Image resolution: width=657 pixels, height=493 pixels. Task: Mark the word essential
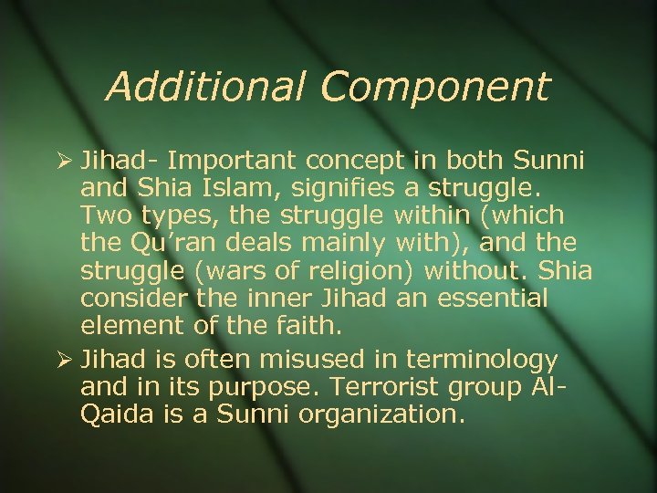[x=492, y=298]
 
